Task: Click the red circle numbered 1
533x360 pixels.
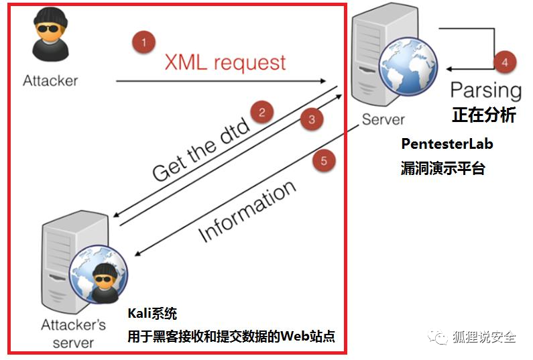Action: click(x=142, y=43)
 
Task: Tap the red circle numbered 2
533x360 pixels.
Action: click(x=262, y=111)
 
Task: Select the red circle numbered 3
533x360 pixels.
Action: click(x=311, y=120)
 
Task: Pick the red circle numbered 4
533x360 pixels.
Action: click(x=505, y=62)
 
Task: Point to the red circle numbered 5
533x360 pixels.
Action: click(x=324, y=161)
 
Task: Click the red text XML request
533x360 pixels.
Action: click(x=225, y=63)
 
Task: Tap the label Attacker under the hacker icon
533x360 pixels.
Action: click(x=50, y=80)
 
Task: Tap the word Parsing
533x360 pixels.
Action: click(x=485, y=90)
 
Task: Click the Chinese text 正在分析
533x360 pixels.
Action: click(x=484, y=115)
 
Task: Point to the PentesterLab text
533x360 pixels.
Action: click(x=446, y=143)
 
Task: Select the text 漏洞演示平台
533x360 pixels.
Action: click(x=442, y=168)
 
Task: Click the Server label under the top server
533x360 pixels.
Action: click(x=383, y=119)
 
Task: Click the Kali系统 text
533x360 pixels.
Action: click(x=152, y=314)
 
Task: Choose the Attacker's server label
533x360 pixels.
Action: click(x=73, y=334)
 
